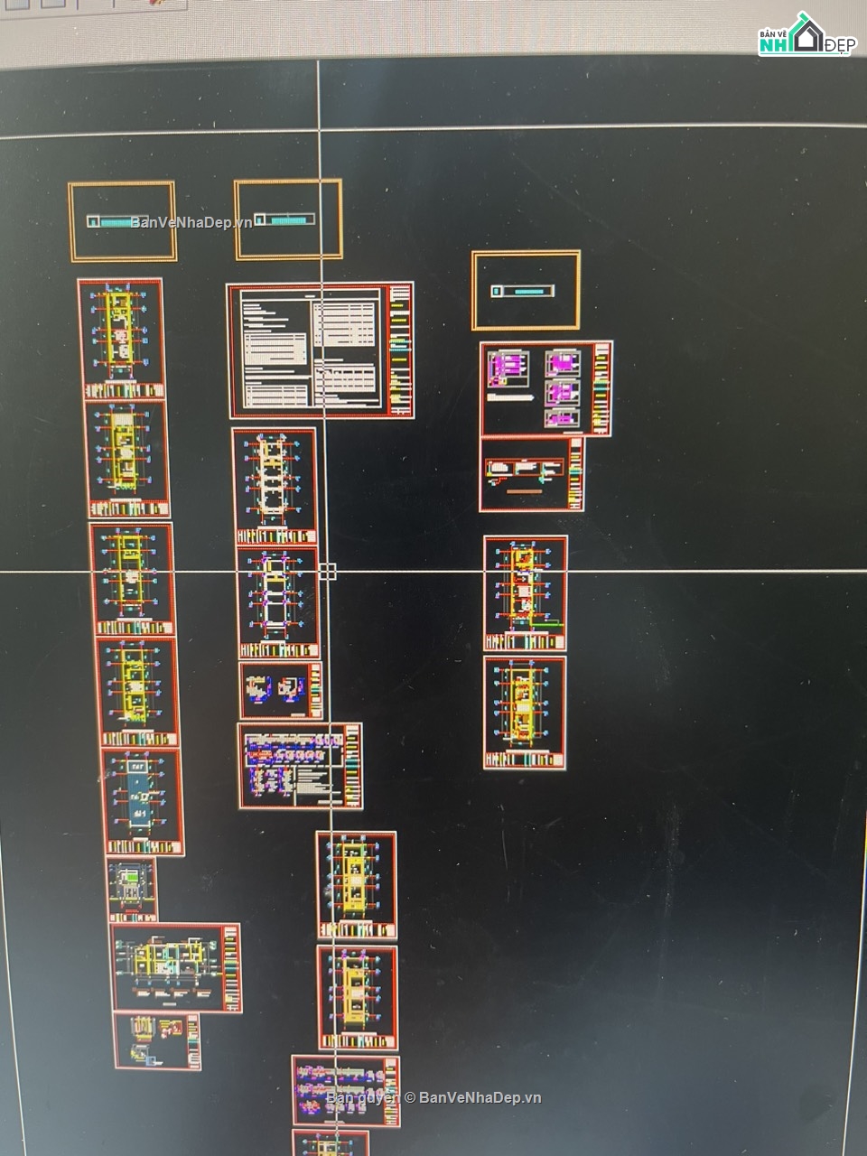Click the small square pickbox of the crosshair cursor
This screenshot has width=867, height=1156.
coord(327,571)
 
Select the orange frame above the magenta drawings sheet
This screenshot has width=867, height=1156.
coord(526,290)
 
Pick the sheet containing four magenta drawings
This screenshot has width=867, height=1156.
coord(545,388)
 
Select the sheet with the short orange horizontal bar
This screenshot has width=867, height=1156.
coord(531,474)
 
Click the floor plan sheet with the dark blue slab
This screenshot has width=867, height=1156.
coord(143,801)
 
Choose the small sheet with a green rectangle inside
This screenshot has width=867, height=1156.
coord(132,889)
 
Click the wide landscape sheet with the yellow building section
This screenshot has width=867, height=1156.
coord(175,967)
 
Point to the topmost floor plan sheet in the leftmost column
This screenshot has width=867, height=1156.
coord(121,337)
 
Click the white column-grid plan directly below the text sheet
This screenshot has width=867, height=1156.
coord(275,486)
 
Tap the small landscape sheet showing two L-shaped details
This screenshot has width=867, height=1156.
coord(280,691)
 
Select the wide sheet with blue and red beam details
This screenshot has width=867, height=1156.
coord(300,766)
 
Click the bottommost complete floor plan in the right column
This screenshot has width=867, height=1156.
coord(524,713)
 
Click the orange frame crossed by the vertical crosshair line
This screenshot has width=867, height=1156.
coord(288,219)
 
